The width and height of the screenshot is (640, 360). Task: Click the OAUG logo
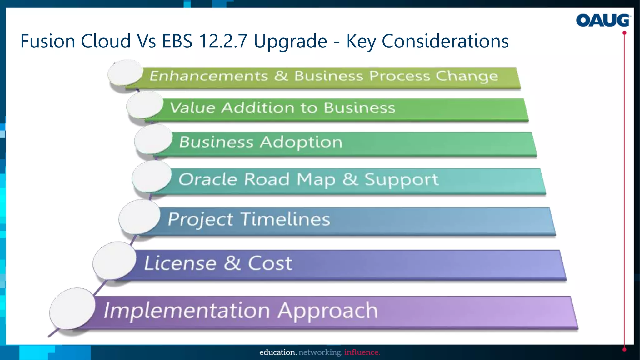pos(602,20)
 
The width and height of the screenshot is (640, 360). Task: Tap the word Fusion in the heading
pos(47,41)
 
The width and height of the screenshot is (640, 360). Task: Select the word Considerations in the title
pos(445,41)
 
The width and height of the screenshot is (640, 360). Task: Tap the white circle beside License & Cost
pos(114,260)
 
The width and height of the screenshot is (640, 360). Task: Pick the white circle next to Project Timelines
pos(139,217)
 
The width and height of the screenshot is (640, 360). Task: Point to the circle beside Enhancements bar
pos(125,72)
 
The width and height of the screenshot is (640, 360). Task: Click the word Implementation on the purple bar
pos(187,311)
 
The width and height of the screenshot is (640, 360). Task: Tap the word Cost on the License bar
pos(270,263)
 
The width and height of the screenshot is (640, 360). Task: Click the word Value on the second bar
pos(192,107)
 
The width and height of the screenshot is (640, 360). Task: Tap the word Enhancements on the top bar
pos(208,76)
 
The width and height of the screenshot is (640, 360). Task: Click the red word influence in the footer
pos(362,352)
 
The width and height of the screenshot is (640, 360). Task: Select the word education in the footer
pos(278,352)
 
